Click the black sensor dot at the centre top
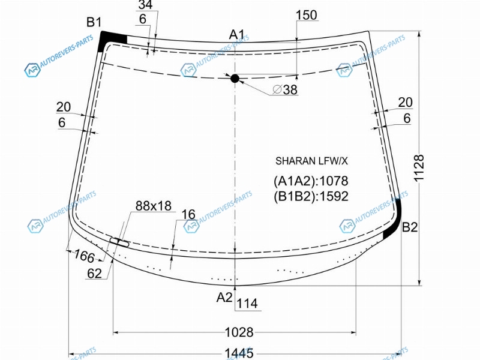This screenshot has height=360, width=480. click(x=235, y=79)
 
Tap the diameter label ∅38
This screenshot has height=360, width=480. click(x=285, y=89)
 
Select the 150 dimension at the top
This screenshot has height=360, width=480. click(x=307, y=15)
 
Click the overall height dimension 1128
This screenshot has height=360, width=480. click(x=419, y=168)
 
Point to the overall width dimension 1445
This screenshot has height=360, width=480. click(x=239, y=353)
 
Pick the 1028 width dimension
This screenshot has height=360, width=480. click(x=239, y=332)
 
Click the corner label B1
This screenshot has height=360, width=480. click(x=94, y=22)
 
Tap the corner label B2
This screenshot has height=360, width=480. click(x=410, y=227)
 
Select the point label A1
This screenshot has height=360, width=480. click(x=237, y=35)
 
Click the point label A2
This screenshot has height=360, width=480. click(x=224, y=297)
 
